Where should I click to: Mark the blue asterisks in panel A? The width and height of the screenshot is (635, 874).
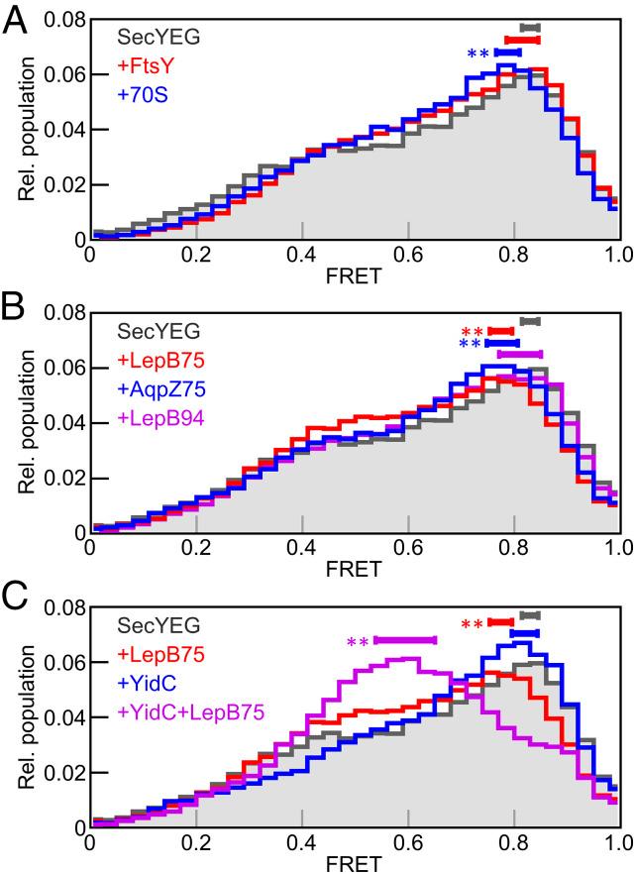(478, 55)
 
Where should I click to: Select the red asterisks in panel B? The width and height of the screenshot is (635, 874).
(473, 332)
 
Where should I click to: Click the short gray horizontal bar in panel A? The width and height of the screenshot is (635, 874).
(530, 28)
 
